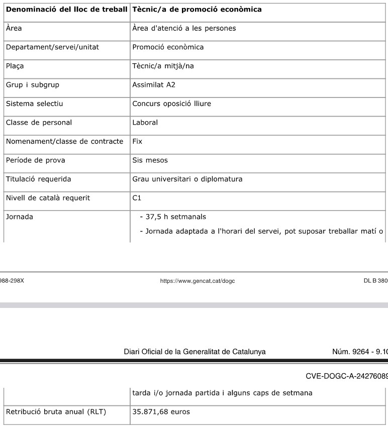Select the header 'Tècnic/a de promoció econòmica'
[x=197, y=10]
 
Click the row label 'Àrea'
[x=14, y=28]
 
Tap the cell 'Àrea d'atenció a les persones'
[x=183, y=28]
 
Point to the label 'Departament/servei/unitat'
[x=52, y=47]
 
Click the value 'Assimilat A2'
[x=154, y=85]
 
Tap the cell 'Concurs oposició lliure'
[x=171, y=103]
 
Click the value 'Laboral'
[x=145, y=122]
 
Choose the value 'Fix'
[x=137, y=141]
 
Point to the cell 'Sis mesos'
[x=150, y=160]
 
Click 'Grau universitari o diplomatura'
[x=187, y=179]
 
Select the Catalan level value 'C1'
[x=137, y=198]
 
